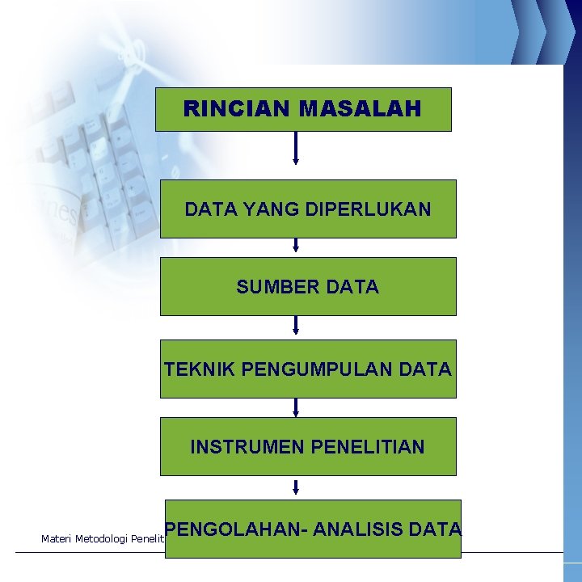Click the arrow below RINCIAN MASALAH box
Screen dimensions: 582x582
pyautogui.click(x=296, y=148)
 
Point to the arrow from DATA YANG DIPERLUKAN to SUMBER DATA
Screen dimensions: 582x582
pyautogui.click(x=296, y=245)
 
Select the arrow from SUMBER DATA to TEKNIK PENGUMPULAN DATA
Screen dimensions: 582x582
pyautogui.click(x=296, y=325)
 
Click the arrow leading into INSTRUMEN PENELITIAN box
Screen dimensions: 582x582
pyautogui.click(x=296, y=407)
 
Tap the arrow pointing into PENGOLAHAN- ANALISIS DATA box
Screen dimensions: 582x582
pyautogui.click(x=296, y=487)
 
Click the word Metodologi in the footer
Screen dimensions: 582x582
pyautogui.click(x=101, y=538)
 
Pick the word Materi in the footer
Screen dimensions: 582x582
pyautogui.click(x=55, y=538)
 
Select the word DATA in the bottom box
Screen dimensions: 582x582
pyautogui.click(x=435, y=529)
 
